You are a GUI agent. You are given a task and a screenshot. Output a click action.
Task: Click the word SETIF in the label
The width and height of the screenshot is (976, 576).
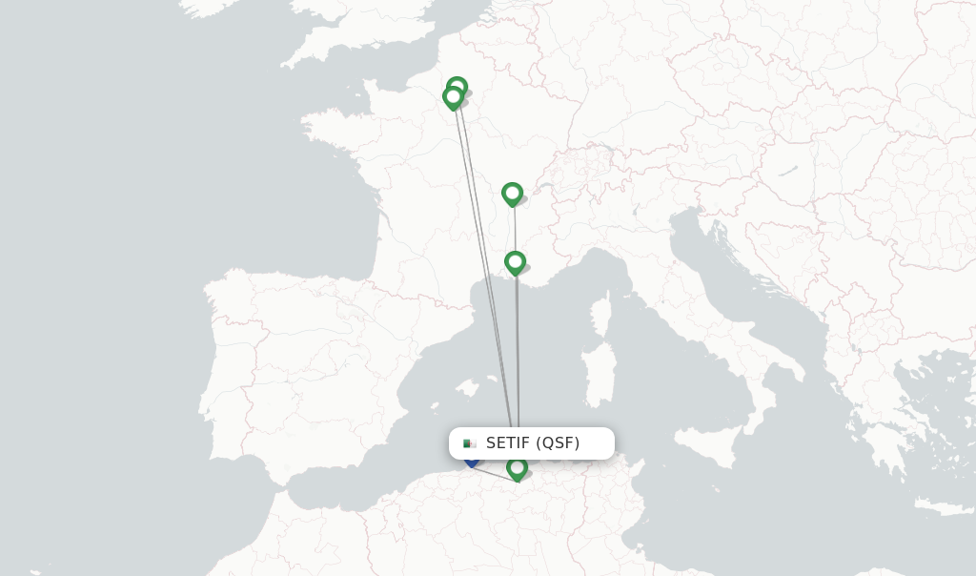point(508,442)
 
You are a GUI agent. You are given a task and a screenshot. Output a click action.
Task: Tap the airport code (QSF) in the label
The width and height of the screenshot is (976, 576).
point(558,442)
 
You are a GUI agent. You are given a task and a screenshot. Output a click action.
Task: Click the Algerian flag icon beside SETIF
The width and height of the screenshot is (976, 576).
point(469,443)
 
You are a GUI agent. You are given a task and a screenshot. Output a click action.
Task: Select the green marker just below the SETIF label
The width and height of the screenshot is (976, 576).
point(518,468)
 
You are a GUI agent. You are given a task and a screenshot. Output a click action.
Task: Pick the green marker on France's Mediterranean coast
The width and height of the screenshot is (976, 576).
point(515,262)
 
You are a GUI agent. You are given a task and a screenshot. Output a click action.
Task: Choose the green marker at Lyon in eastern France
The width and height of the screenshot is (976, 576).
point(513,194)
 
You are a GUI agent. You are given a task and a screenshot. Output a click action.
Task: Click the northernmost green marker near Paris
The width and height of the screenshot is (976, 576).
point(457,88)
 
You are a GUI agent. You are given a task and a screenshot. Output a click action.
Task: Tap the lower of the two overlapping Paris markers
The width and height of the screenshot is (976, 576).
point(453,97)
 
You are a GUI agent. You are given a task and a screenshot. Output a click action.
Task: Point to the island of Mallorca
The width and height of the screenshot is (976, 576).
point(466,389)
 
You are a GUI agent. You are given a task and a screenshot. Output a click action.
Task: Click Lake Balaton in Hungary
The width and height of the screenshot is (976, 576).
point(787,172)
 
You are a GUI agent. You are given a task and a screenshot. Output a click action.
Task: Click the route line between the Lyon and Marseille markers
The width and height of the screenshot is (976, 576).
point(515,229)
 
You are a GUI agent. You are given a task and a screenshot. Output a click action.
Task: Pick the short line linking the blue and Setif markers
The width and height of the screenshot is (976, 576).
point(494,470)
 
